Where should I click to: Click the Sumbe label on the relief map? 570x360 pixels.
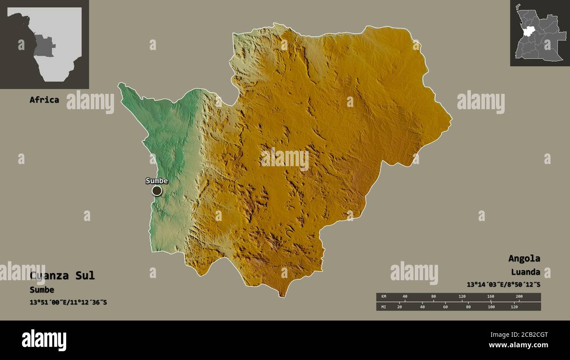click(157, 181)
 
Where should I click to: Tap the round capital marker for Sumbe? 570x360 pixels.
click(157, 191)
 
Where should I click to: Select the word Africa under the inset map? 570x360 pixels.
click(44, 100)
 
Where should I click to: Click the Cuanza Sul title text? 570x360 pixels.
click(62, 275)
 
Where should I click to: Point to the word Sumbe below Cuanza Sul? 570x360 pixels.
click(42, 289)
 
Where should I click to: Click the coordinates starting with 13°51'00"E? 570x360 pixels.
click(68, 302)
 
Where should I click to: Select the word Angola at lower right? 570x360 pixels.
click(524, 258)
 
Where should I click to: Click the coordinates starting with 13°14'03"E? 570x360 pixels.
click(503, 284)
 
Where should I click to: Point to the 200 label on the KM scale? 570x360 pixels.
click(519, 297)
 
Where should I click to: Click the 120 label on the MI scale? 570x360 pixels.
click(514, 307)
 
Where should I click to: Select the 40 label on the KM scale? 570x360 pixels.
click(405, 297)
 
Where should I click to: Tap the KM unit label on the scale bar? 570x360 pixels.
click(384, 297)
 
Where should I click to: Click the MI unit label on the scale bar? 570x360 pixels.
click(384, 307)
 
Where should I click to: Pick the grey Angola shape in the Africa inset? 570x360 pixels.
click(44, 46)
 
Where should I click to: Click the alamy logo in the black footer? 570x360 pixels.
click(44, 340)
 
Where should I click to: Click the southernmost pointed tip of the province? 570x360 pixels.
click(283, 296)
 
